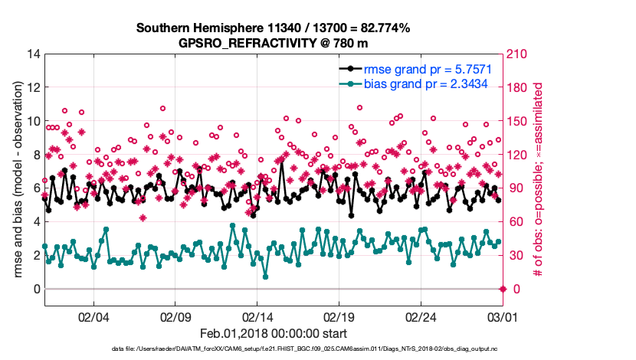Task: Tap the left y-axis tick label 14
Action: [33, 54]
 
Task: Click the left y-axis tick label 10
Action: [33, 121]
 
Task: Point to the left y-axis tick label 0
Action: [36, 289]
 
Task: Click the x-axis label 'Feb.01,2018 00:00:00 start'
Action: [273, 334]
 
